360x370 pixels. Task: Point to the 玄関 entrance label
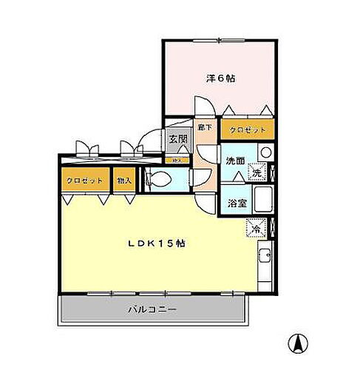177,138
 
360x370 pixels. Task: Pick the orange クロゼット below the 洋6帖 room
248,129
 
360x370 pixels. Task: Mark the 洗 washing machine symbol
256,171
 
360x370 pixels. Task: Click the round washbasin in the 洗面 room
266,152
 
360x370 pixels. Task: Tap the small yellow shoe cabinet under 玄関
177,159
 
